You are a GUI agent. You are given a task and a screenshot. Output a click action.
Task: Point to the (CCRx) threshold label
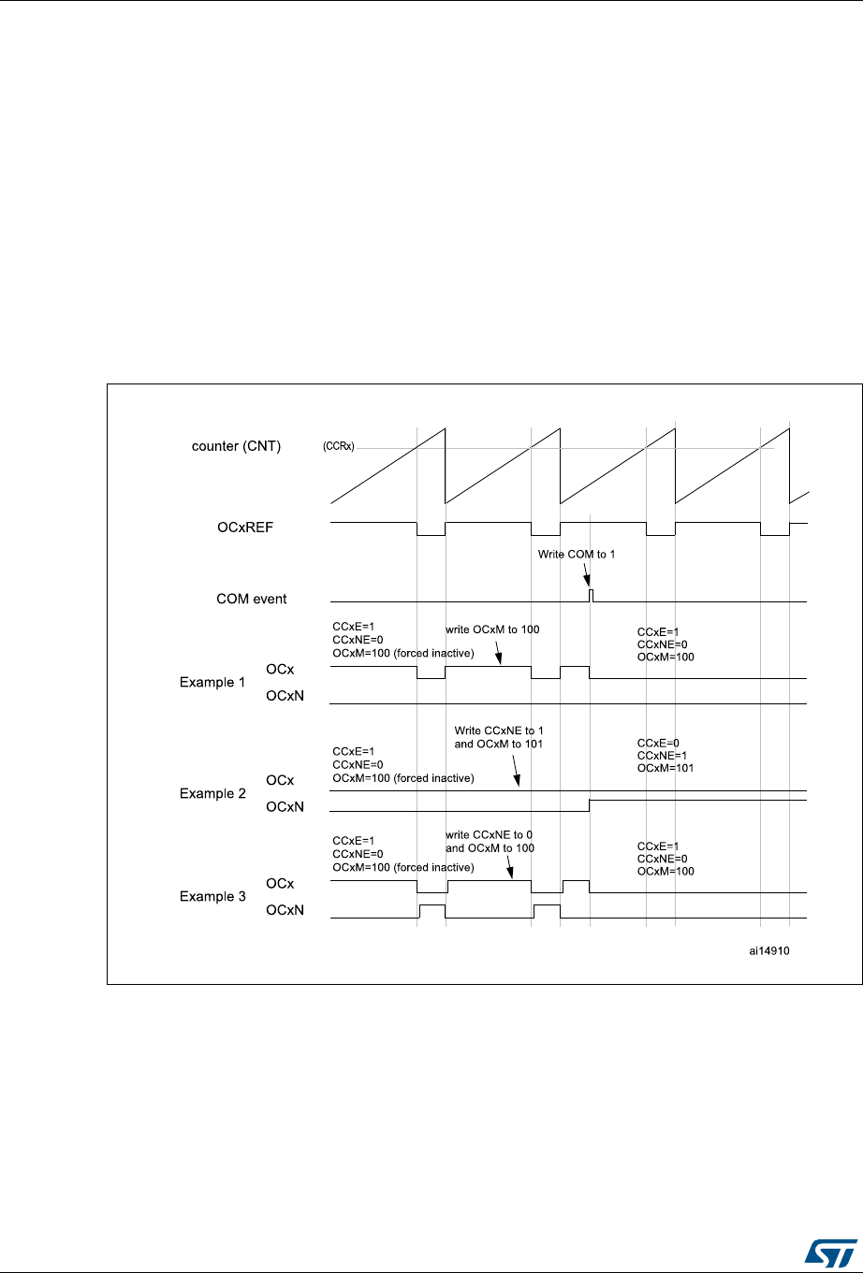tap(338, 447)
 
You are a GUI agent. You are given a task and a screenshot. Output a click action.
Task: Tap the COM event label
tap(252, 599)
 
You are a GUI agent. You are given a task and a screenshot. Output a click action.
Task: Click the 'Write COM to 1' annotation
tap(576, 554)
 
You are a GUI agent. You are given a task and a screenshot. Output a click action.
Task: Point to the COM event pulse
tap(591, 595)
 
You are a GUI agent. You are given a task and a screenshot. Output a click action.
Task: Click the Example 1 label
tap(212, 683)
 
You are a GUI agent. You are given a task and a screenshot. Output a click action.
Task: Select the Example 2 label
tap(212, 793)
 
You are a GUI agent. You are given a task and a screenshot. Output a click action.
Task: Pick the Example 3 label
tap(212, 896)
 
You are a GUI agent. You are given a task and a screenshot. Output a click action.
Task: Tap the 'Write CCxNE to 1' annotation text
tap(499, 730)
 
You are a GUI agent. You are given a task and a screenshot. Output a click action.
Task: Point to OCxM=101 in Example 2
tap(666, 768)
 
